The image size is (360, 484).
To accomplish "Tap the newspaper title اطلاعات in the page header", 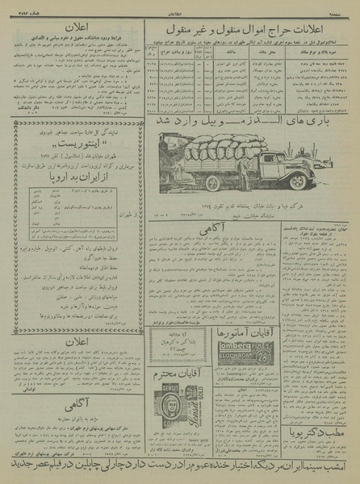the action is (180, 7).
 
